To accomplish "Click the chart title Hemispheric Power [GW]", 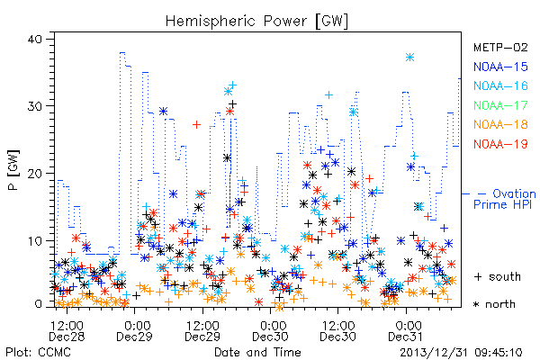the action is click(256, 22).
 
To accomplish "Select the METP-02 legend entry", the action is click(500, 48).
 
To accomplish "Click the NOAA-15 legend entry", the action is click(500, 67).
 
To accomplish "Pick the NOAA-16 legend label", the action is click(500, 85).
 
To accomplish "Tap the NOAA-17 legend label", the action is click(500, 105).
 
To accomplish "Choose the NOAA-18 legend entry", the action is click(500, 124).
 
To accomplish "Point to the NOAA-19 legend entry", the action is click(500, 144).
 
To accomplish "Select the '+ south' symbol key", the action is click(498, 276).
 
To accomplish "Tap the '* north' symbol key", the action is click(494, 304).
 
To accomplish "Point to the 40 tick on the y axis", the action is click(34, 39).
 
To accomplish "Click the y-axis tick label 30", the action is click(34, 106).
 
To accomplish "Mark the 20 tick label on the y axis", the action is click(34, 174).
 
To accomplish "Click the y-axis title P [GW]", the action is click(13, 170).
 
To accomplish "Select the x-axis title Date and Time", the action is click(257, 353).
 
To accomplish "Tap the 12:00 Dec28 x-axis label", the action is click(67, 331).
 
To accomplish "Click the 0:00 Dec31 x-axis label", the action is click(406, 331).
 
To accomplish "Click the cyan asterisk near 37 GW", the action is click(409, 58).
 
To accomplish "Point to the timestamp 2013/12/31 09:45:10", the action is click(461, 353).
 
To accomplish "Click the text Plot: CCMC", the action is click(38, 353).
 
